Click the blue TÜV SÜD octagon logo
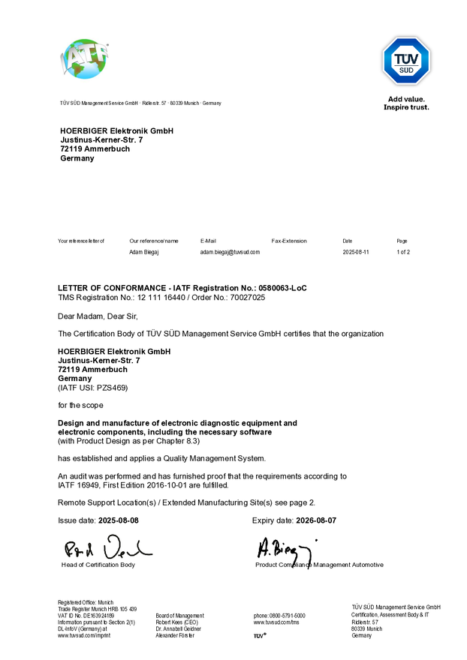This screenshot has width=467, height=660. (x=406, y=61)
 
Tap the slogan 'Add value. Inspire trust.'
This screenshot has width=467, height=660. (x=406, y=103)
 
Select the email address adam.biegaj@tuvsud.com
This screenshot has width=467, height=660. (x=230, y=253)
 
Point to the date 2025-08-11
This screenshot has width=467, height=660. (x=357, y=253)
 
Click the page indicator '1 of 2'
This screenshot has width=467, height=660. (x=403, y=253)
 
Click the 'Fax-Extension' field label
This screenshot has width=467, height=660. (x=289, y=241)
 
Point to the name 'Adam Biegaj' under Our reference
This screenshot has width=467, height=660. (x=144, y=253)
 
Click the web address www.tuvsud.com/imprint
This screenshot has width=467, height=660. (x=84, y=635)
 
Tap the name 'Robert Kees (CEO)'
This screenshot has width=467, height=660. (x=176, y=622)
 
